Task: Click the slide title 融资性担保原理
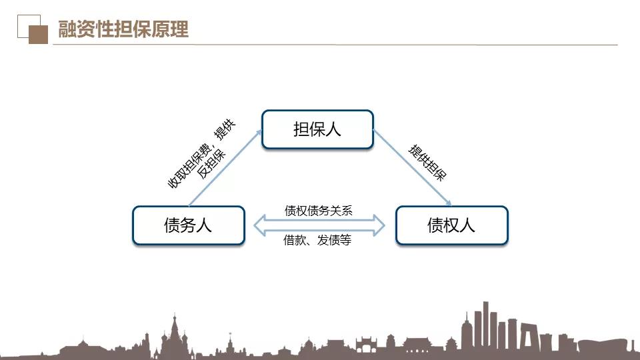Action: click(123, 29)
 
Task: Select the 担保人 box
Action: click(317, 129)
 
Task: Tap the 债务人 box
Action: click(189, 225)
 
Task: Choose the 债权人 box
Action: click(452, 225)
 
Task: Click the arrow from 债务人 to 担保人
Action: click(225, 168)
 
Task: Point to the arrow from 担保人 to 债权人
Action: click(413, 168)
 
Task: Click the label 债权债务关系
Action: click(319, 211)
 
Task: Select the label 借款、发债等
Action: click(317, 240)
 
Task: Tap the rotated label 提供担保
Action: click(428, 163)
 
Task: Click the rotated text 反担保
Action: click(211, 164)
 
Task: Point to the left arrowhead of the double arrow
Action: click(259, 225)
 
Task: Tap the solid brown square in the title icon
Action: click(39, 34)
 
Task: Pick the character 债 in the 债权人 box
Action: click(435, 225)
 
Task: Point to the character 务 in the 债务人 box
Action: click(188, 225)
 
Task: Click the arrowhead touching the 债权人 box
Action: click(448, 203)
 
